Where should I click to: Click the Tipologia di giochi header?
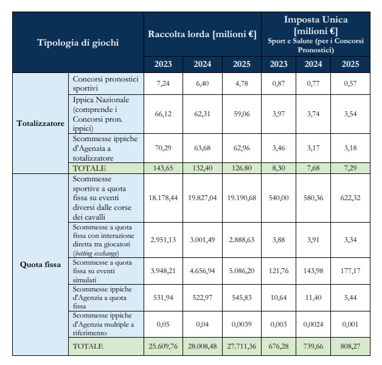(78, 43)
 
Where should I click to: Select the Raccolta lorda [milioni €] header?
(201, 34)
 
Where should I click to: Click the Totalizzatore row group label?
(40, 123)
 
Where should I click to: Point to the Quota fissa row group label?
(40, 265)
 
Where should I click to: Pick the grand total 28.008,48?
(202, 346)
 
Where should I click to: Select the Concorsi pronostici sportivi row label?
(105, 84)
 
